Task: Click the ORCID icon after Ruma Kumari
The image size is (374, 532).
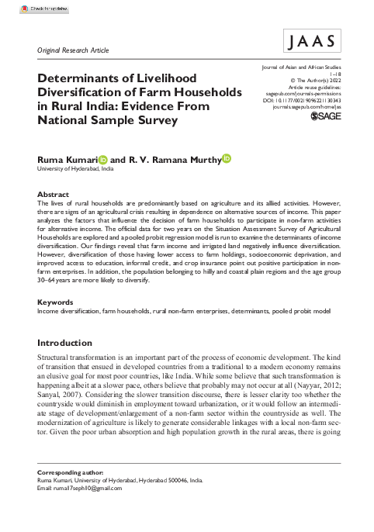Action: pyautogui.click(x=103, y=158)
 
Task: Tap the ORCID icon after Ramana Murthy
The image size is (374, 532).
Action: pyautogui.click(x=227, y=158)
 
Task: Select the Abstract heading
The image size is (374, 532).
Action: pyautogui.click(x=53, y=193)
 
